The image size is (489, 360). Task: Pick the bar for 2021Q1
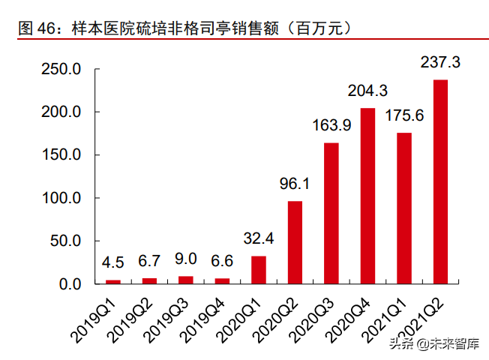[x=404, y=208]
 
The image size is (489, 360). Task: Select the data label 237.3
[x=441, y=63]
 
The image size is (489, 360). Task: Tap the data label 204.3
[x=367, y=91]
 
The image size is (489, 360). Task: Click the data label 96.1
[x=295, y=184]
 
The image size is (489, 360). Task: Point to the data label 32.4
[x=259, y=239]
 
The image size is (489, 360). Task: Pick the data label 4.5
[x=112, y=263]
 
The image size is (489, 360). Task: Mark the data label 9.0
[x=185, y=259]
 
